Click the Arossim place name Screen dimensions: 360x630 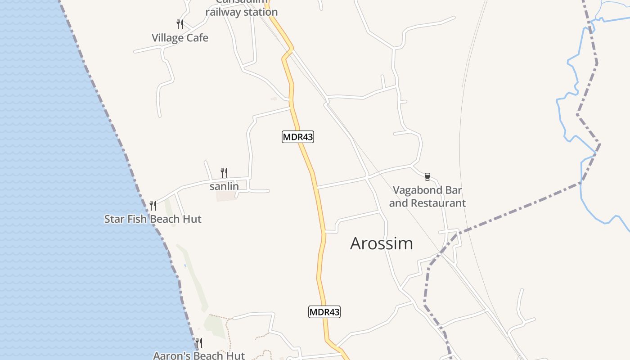pos(382,243)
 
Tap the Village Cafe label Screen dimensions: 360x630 pos(180,38)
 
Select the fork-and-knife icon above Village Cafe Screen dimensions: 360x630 pos(180,24)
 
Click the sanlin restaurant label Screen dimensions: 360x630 pos(224,186)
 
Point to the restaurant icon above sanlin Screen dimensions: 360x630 pos(224,172)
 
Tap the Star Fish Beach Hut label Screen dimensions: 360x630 pos(153,219)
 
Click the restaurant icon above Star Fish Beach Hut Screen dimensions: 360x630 pos(153,206)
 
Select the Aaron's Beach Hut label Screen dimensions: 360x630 pos(199,355)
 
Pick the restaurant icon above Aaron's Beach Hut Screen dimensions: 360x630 pos(198,343)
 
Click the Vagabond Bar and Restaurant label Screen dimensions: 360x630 pos(427,197)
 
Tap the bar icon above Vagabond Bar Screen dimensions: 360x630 pos(427,177)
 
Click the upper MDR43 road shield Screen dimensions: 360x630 pos(298,137)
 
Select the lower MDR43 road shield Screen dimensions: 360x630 pos(324,311)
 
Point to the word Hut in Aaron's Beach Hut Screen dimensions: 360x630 pos(235,355)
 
